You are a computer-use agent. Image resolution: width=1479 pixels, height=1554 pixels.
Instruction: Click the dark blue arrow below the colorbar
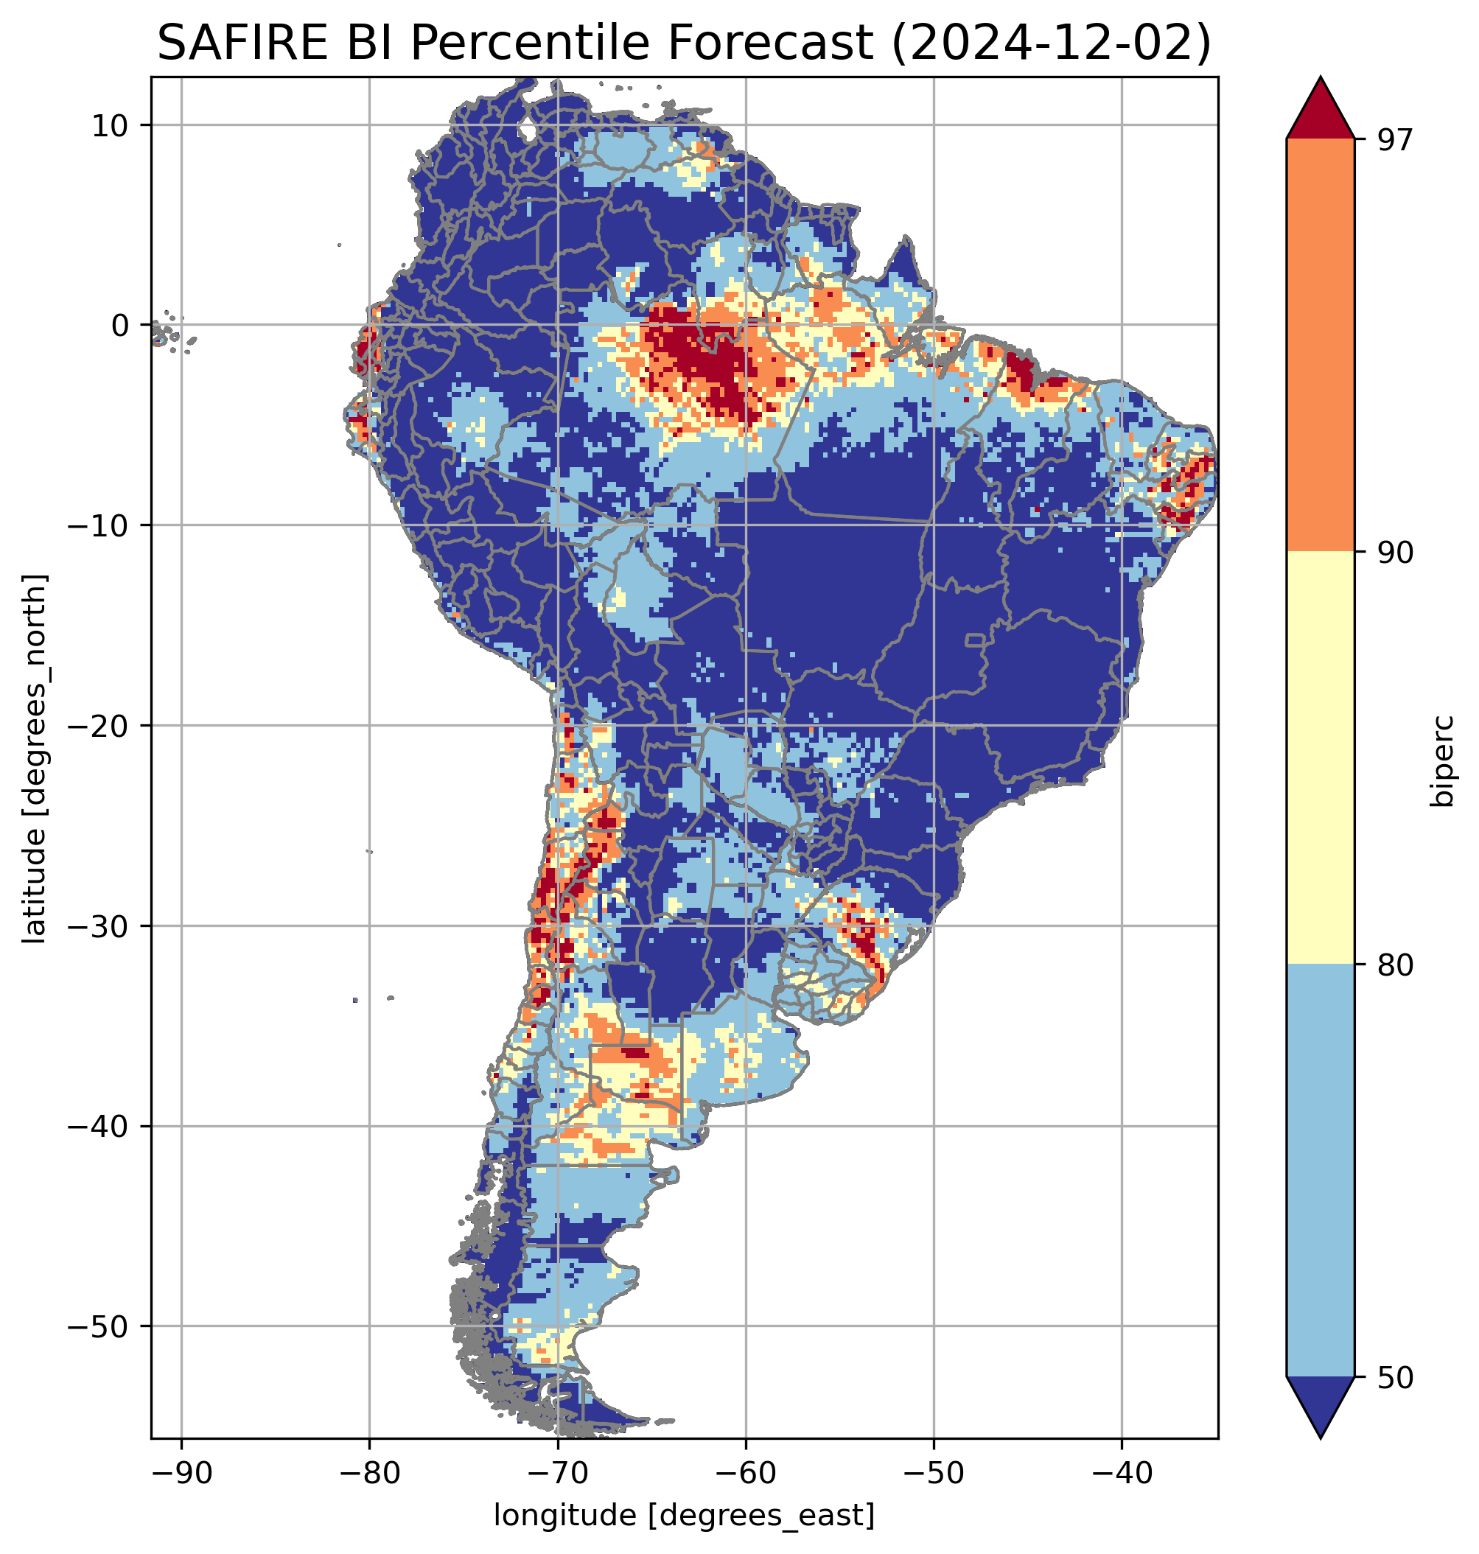1320,1405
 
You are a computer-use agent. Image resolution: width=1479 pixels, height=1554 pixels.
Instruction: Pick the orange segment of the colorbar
1320,345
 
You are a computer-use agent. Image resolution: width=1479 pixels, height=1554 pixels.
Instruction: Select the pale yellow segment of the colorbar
1320,757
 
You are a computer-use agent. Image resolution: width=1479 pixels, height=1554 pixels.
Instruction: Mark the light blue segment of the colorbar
1320,1170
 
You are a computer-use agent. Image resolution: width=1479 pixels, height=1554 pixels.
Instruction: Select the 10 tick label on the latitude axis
110,125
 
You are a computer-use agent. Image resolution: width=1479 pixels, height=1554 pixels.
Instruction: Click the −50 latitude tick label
99,1327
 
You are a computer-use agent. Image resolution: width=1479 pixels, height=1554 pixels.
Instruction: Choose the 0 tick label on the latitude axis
120,325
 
